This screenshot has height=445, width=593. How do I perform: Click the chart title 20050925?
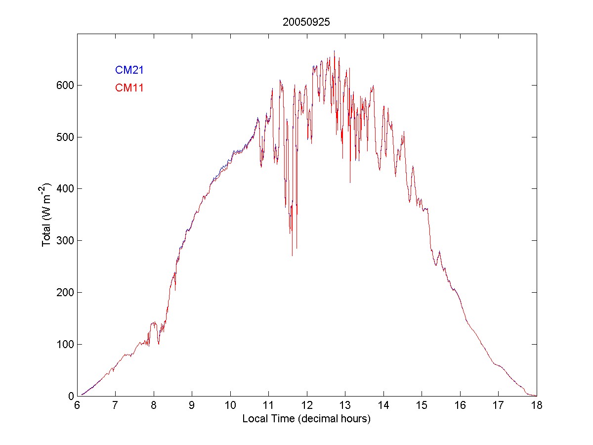click(306, 22)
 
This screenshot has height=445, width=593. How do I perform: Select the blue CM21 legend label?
click(129, 70)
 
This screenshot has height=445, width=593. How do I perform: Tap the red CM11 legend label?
click(129, 88)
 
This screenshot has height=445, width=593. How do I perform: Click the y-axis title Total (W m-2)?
click(47, 215)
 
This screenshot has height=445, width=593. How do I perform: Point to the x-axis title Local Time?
click(306, 419)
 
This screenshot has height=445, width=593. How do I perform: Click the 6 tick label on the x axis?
click(77, 405)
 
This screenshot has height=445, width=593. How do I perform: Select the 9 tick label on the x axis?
click(192, 405)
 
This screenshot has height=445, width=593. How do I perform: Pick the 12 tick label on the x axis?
click(307, 405)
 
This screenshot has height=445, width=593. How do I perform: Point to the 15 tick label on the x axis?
click(422, 405)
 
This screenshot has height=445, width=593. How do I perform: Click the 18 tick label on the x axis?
click(537, 405)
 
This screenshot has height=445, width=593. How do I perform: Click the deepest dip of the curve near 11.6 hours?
click(292, 256)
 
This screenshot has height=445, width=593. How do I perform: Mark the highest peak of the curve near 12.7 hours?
click(334, 50)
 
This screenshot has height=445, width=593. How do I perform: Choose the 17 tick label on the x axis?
click(498, 405)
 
